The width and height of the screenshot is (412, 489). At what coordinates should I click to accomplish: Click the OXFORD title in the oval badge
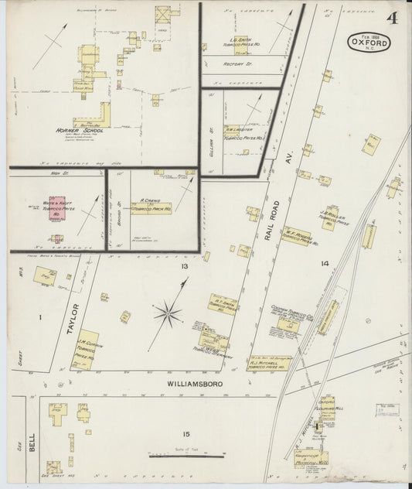coord(369,43)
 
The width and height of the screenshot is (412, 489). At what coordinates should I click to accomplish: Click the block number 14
coord(325,264)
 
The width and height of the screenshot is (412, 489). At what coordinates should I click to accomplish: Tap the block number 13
coord(184,266)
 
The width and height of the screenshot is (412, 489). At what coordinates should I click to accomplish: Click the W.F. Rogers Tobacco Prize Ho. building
coord(298,237)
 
